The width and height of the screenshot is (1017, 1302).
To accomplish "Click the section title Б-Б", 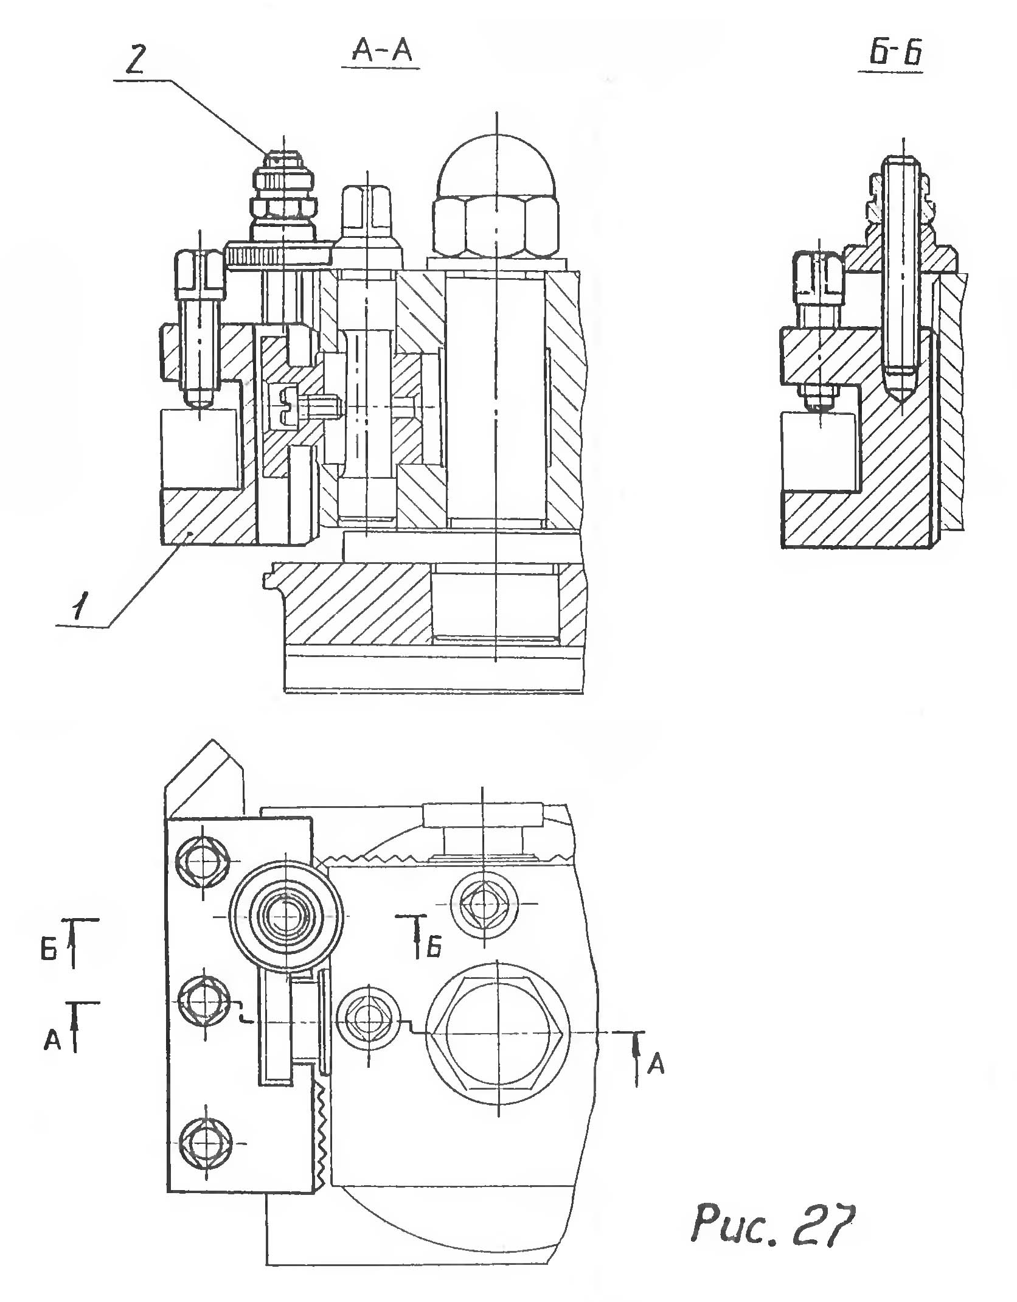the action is tap(894, 54).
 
